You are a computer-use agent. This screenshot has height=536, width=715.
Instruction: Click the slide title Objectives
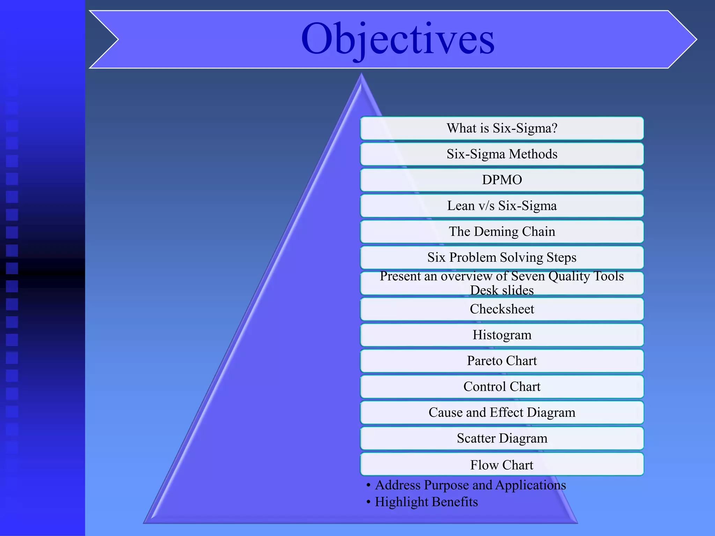point(398,39)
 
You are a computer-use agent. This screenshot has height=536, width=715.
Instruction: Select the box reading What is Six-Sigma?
point(502,128)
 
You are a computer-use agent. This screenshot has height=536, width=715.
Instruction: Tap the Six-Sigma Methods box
point(502,154)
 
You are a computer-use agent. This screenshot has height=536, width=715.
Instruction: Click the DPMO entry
point(502,180)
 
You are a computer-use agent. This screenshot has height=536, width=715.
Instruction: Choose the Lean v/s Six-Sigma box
point(502,206)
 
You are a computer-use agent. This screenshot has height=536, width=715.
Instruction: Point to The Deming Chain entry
point(502,232)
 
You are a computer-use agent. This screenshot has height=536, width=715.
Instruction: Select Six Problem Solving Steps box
point(502,258)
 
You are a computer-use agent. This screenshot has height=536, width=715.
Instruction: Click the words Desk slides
point(502,290)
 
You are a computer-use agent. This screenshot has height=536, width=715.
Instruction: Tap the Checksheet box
point(502,309)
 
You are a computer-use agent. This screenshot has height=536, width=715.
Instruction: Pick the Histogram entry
point(502,335)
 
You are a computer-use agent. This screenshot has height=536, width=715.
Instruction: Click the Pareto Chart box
point(502,361)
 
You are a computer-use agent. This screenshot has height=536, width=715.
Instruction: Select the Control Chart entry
point(502,387)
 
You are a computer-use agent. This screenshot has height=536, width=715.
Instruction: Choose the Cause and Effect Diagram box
point(502,412)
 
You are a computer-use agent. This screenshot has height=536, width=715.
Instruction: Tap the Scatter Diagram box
point(502,438)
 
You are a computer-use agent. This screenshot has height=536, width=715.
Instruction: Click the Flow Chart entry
point(502,465)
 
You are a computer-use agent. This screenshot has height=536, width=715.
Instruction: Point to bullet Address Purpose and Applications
point(470,485)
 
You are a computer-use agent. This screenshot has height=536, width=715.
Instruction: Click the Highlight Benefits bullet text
point(426,502)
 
